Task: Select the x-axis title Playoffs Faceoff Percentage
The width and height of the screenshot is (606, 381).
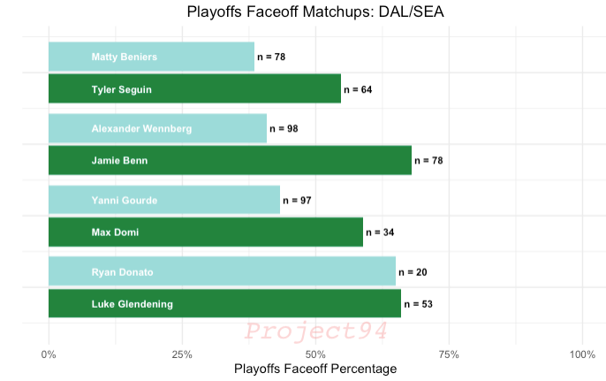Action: click(x=315, y=369)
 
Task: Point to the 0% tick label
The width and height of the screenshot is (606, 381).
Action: click(x=49, y=354)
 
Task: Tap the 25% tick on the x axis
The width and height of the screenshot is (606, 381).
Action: click(x=182, y=354)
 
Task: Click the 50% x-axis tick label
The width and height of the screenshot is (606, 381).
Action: click(x=315, y=354)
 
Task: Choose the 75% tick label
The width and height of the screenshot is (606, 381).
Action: click(x=449, y=354)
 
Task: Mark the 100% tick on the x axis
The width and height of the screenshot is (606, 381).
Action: click(x=582, y=354)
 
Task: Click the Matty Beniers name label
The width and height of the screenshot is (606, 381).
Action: click(x=125, y=57)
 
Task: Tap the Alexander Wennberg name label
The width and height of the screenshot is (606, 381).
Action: click(x=141, y=129)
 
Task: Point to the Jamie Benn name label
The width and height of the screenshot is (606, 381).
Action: click(x=119, y=161)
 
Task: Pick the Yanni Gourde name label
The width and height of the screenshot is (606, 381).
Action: click(x=125, y=201)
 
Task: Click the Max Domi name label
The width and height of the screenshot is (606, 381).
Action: click(x=115, y=233)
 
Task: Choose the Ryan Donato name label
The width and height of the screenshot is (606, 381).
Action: click(x=123, y=272)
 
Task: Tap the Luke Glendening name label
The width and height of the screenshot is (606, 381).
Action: click(x=133, y=305)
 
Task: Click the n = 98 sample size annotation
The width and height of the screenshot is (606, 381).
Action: click(x=284, y=129)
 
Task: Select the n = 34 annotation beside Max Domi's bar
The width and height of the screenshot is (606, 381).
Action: click(x=380, y=233)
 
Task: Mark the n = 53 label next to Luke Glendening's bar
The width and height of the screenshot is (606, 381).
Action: click(x=418, y=305)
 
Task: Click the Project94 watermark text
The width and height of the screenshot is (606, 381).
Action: click(x=315, y=332)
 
